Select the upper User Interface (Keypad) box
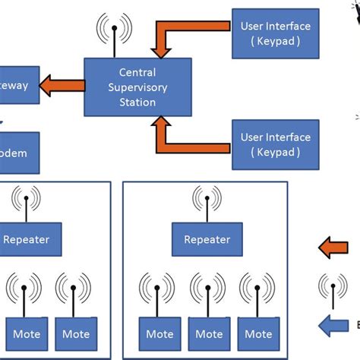275,33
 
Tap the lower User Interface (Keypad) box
275,144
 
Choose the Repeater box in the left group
27,239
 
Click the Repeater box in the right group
207,239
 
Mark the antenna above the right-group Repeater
207,201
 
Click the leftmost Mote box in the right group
159,333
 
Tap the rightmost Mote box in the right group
258,333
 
